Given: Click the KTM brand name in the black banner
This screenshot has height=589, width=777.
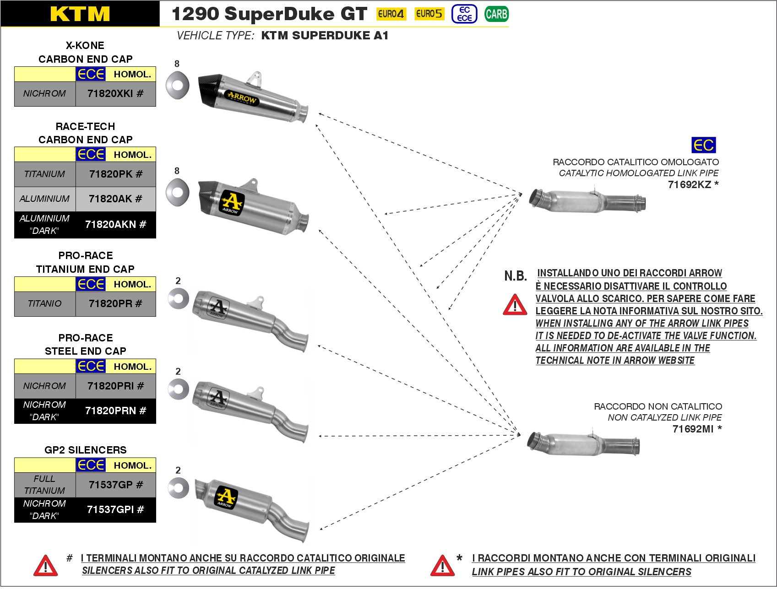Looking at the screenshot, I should click(80, 14).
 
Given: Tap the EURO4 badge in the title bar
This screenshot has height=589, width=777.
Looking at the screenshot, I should click(391, 14).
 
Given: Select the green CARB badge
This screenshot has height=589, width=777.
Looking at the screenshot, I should click(496, 14).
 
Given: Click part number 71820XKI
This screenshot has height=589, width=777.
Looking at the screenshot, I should click(115, 94).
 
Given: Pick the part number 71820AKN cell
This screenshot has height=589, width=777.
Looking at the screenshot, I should click(115, 225).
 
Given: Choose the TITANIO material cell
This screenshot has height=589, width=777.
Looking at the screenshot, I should click(44, 304).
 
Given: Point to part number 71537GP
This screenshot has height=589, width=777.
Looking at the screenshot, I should click(115, 485).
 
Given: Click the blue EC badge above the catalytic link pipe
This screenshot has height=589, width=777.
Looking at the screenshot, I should click(703, 146).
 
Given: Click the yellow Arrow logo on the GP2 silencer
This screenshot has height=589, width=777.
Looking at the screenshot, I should click(226, 497).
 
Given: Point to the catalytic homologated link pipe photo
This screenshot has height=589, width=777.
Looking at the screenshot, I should click(587, 200).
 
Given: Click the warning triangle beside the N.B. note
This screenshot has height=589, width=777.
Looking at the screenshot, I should click(515, 305).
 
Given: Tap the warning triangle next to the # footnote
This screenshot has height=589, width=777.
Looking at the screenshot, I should click(45, 566).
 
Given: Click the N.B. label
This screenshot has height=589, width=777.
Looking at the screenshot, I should click(516, 276).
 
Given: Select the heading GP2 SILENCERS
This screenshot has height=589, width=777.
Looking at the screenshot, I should click(85, 450).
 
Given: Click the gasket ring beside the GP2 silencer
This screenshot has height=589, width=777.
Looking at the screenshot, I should click(178, 488).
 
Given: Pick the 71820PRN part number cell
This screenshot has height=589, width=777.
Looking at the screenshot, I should click(115, 411).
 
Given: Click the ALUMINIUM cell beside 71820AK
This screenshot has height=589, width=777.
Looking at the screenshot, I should click(44, 199).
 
